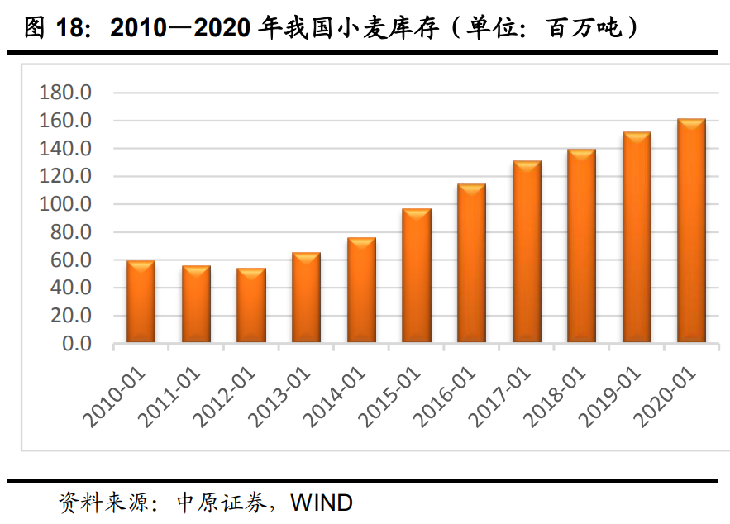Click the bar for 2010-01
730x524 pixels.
141,302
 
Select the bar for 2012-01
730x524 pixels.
250,305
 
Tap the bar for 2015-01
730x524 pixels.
416,276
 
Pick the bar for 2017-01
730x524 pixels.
527,252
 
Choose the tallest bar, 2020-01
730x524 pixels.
691,231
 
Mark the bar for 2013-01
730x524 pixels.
306,298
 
